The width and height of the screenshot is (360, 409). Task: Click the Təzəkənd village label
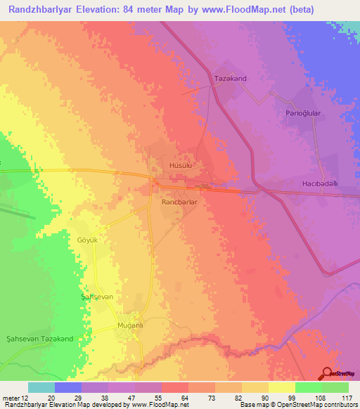[231, 78]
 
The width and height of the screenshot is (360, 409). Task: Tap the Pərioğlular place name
[303, 112]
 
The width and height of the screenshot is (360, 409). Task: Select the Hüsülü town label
[181, 166]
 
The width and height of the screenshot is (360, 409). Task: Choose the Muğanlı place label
[129, 326]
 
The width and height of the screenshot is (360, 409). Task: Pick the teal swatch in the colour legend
[41, 387]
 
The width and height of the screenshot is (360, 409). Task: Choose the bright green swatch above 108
[309, 387]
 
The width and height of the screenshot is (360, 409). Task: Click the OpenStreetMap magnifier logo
[326, 373]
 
